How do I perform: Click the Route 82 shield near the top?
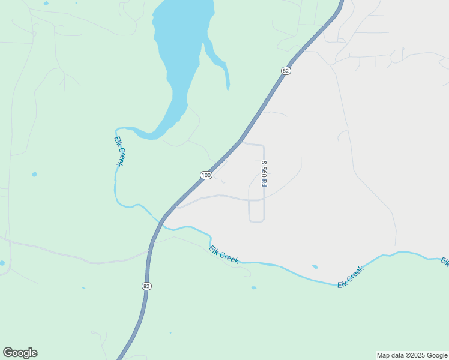285,70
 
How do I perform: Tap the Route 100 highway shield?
206,175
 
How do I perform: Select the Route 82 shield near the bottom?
146,286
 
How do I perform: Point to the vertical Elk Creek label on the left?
118,151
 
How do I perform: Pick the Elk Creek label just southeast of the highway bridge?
224,255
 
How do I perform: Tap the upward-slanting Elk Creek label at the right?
351,277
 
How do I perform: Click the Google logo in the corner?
20,353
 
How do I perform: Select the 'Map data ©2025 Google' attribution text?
411,355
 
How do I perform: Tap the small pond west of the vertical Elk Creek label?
34,174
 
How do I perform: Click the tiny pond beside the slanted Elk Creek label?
315,266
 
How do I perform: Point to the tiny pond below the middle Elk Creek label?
254,287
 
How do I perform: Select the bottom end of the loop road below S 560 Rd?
257,221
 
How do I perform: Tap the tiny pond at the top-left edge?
46,3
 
